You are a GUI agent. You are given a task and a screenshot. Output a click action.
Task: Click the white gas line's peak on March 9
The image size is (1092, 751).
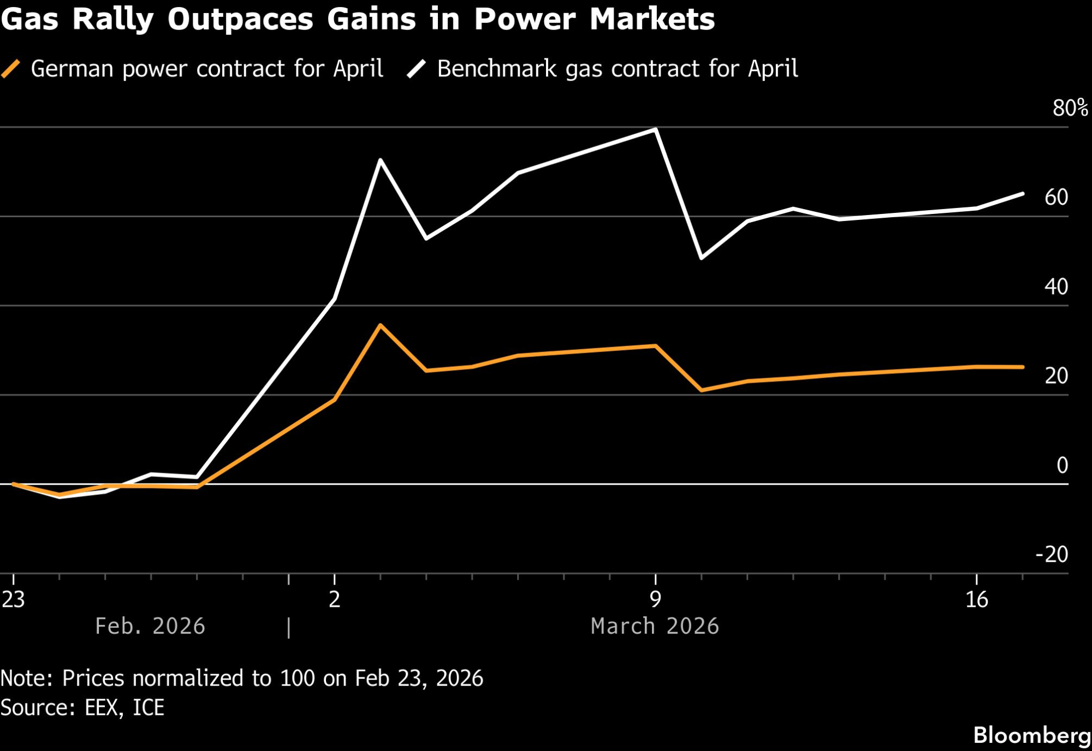coord(655,129)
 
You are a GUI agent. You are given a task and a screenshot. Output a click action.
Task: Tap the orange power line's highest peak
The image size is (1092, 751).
coord(380,325)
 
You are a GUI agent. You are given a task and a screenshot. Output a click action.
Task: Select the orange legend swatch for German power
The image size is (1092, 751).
coord(11,69)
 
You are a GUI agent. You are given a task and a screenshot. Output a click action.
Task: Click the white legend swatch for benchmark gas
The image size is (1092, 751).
coord(417,69)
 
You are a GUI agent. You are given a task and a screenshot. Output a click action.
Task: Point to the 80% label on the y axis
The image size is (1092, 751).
coord(1070,108)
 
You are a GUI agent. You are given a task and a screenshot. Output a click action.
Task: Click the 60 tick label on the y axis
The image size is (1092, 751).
coord(1056,197)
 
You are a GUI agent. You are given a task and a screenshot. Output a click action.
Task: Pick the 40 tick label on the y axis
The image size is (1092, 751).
coord(1056,287)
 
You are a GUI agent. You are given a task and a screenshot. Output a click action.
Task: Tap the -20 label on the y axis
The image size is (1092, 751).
coord(1052,555)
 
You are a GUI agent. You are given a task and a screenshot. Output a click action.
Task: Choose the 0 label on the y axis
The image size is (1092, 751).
coord(1062,465)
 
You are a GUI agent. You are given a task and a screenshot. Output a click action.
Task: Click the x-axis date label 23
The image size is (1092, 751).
coord(13,599)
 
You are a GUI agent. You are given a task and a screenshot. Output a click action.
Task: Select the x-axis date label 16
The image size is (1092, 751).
coord(976,599)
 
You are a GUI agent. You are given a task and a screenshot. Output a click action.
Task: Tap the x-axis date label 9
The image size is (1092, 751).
coord(655,599)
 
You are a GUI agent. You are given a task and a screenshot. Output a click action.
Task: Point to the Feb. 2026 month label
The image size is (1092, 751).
coord(150,626)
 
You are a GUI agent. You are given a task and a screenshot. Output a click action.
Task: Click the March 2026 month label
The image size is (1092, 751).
coord(655,626)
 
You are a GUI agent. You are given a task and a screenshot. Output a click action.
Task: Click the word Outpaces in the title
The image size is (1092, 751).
coord(240,20)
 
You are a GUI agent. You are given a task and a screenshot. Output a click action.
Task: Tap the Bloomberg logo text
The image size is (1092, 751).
coord(1032,735)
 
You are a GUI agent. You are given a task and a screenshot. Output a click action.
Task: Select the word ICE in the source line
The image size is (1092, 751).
coord(149,708)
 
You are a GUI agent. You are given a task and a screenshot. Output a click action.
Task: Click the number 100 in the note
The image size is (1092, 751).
coord(298,678)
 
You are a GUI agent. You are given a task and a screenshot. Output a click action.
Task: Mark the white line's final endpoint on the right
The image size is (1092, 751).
coord(1023,194)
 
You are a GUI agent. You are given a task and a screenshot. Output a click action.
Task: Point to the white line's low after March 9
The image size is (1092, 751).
coord(701,258)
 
